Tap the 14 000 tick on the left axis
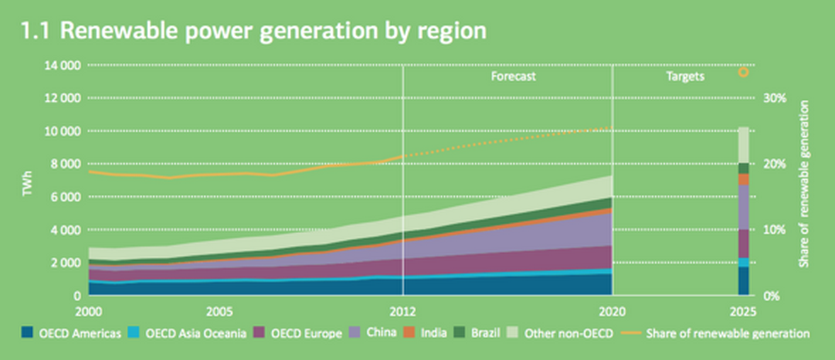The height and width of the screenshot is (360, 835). pyautogui.click(x=63, y=66)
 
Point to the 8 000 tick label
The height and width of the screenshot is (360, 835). pyautogui.click(x=65, y=164)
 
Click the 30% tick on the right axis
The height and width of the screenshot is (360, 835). pyautogui.click(x=775, y=99)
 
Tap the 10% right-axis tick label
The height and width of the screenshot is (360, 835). pyautogui.click(x=775, y=230)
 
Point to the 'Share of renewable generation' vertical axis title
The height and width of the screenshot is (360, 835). pyautogui.click(x=805, y=184)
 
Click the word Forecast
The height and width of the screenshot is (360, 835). pyautogui.click(x=513, y=76)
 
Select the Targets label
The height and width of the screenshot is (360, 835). pyautogui.click(x=685, y=76)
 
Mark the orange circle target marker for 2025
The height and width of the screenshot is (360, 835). pyautogui.click(x=744, y=72)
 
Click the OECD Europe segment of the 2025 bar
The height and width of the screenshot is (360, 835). pyautogui.click(x=744, y=244)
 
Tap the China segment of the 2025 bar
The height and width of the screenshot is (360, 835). pyautogui.click(x=744, y=207)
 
